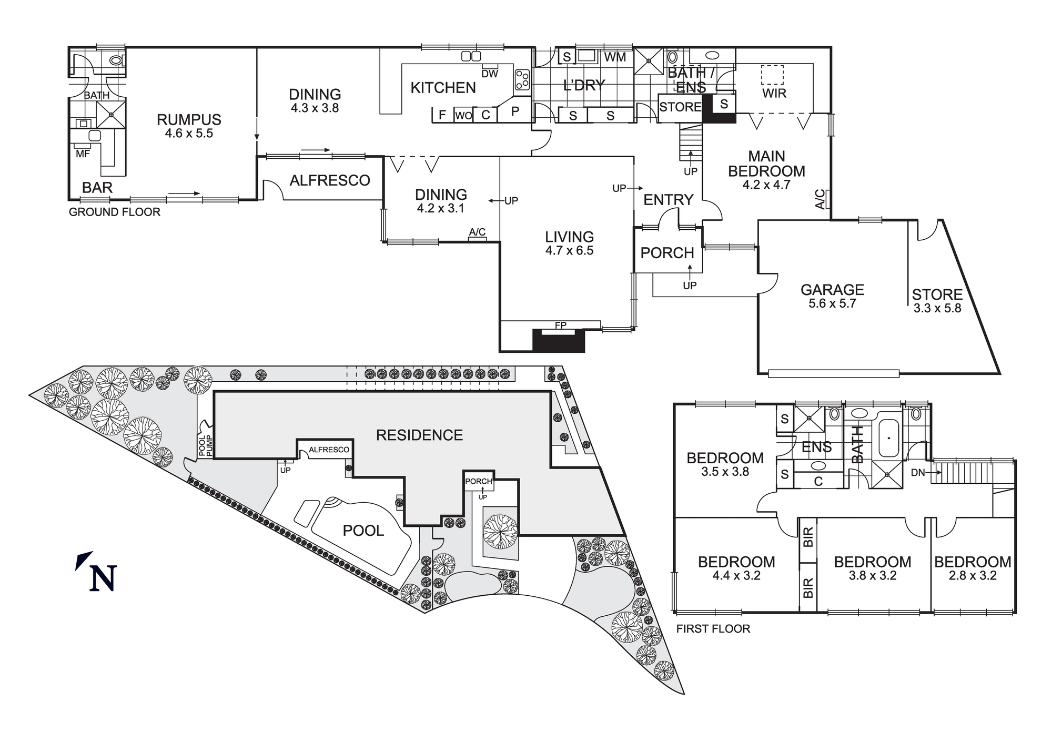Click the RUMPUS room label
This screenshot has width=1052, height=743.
click(x=189, y=120)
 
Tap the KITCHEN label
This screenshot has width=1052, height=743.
click(x=443, y=88)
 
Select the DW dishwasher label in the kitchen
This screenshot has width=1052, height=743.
click(x=490, y=74)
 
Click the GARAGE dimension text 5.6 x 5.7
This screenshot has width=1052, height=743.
click(x=832, y=303)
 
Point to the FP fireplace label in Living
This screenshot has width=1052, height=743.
click(x=561, y=325)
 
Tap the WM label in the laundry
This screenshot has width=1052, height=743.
click(x=615, y=57)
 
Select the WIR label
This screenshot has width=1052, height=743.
click(x=774, y=94)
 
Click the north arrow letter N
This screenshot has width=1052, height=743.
click(x=103, y=578)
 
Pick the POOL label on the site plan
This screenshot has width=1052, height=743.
click(x=363, y=531)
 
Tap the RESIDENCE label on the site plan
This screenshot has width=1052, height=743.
click(x=419, y=435)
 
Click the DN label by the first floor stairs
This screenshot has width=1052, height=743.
click(x=918, y=473)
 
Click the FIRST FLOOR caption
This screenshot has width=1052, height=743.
click(x=713, y=629)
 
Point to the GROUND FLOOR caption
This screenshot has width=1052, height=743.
click(x=115, y=212)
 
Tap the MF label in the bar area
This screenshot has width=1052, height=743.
click(x=83, y=154)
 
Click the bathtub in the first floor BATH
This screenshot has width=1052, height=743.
click(x=888, y=437)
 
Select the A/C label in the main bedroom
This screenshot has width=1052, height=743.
click(x=821, y=200)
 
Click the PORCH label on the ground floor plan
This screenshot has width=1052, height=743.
click(x=667, y=253)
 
